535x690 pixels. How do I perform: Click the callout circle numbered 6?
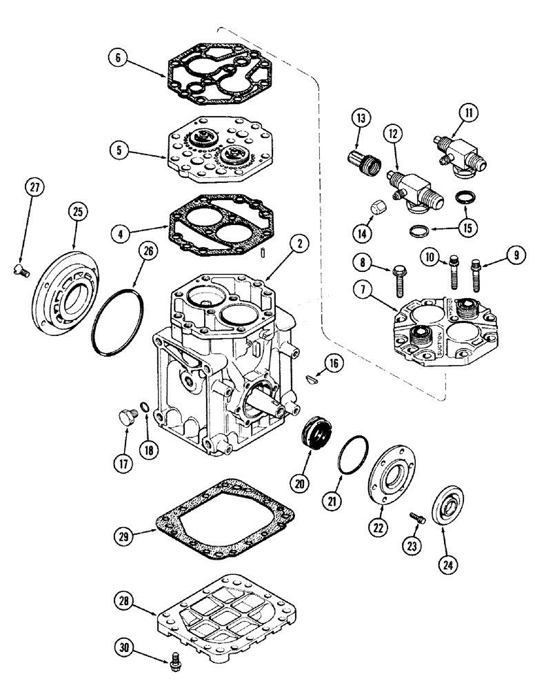click(119, 60)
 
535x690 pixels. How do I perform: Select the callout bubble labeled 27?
click(35, 186)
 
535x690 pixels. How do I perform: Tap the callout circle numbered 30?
click(124, 649)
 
